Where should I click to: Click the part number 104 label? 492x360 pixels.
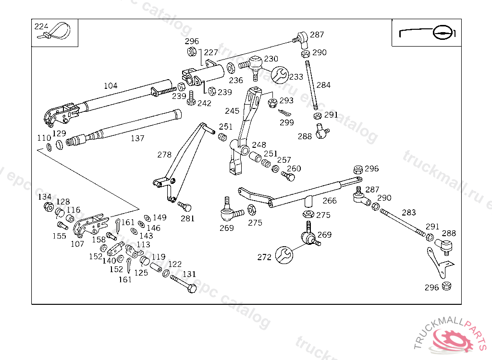click(111, 86)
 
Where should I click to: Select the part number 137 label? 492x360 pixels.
click(137, 138)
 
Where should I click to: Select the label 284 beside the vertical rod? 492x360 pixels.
click(323, 85)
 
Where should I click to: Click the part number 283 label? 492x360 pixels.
click(409, 213)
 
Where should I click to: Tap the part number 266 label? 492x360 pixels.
click(330, 201)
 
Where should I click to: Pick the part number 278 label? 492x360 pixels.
click(164, 155)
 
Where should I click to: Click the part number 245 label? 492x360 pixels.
click(232, 111)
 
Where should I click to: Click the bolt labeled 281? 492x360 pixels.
click(185, 207)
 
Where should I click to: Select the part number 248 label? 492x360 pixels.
click(259, 144)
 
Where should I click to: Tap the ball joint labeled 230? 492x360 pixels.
click(256, 64)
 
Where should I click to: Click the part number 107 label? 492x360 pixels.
click(77, 244)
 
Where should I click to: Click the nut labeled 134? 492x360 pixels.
click(48, 207)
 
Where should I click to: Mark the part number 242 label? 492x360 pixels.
click(204, 103)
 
